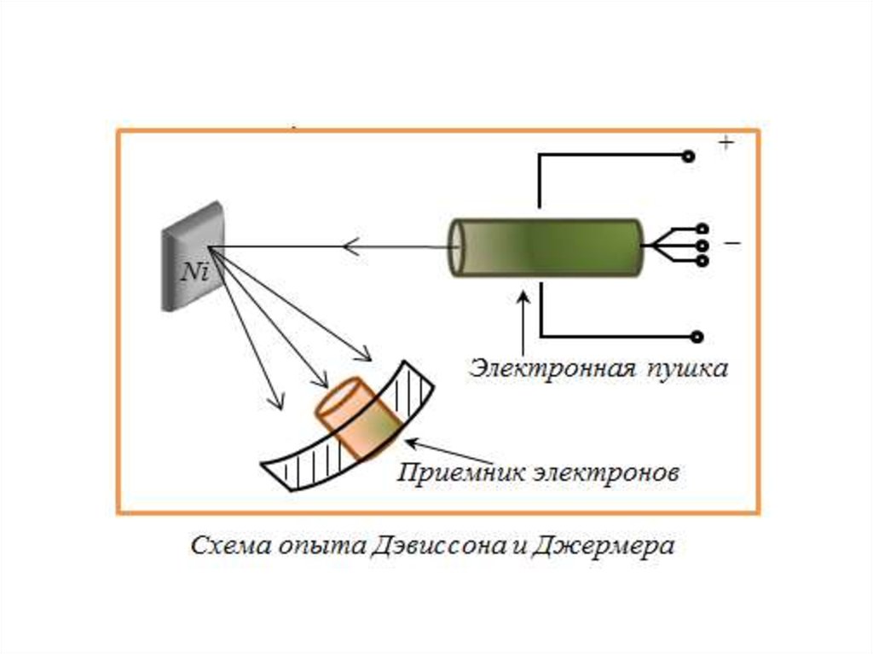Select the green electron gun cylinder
546,248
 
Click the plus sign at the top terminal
726,143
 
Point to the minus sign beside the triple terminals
731,243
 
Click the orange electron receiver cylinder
358,420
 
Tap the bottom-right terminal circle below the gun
697,337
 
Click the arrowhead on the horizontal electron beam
350,246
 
